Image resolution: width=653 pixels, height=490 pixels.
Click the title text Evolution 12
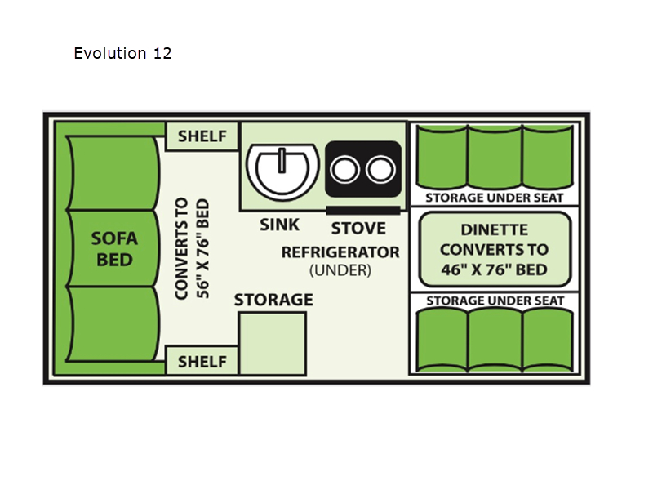[x=122, y=53]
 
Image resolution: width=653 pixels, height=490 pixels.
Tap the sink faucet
[x=282, y=160]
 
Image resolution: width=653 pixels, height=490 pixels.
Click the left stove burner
[x=344, y=170]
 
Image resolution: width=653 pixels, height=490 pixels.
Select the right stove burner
[x=380, y=170]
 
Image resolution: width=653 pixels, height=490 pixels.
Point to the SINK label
[x=279, y=225]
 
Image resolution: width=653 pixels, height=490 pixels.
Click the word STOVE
[x=358, y=229]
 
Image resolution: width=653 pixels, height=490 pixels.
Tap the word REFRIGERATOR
[x=340, y=252]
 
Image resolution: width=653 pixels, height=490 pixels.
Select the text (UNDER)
[x=340, y=270]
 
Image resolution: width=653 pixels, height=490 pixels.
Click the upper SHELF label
[x=202, y=136]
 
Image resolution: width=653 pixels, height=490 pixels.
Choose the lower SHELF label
[x=202, y=362]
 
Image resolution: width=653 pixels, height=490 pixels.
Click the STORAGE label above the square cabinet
[x=273, y=300]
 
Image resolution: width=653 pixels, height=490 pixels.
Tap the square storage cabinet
[x=273, y=344]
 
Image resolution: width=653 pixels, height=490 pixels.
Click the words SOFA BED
[x=114, y=249]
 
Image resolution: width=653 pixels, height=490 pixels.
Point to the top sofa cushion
[x=113, y=173]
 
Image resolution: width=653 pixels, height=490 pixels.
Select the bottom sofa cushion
[x=113, y=323]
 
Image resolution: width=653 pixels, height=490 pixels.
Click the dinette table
[x=495, y=250]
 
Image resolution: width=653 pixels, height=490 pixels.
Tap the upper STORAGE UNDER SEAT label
[x=495, y=198]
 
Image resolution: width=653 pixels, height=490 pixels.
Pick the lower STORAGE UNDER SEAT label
[x=495, y=301]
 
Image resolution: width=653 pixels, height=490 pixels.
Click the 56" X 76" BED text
[x=202, y=249]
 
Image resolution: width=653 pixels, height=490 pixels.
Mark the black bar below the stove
[x=363, y=211]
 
